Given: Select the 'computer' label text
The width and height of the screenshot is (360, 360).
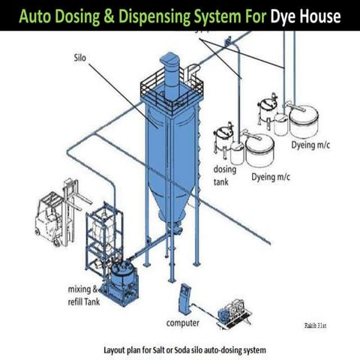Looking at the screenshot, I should (182, 323).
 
